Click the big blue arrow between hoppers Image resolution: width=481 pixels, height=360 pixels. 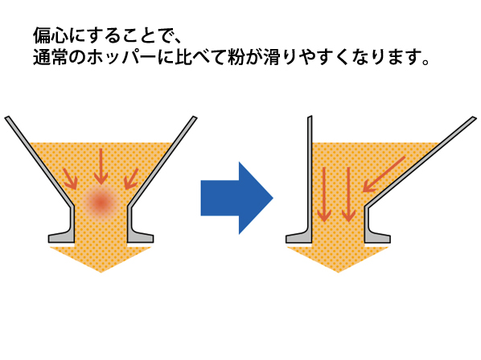click(x=236, y=198)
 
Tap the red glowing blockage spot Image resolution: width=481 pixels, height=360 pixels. click(x=101, y=202)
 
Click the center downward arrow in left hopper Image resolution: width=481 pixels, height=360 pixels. click(x=101, y=167)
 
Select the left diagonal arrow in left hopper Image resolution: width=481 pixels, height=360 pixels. click(x=71, y=179)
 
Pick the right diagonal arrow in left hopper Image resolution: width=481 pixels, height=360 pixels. click(x=131, y=179)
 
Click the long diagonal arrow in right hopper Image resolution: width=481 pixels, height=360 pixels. click(x=384, y=174)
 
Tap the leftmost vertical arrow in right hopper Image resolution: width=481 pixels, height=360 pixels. click(x=324, y=194)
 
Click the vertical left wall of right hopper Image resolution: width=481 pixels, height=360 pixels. click(x=310, y=172)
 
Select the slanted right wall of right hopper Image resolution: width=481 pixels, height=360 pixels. click(x=420, y=162)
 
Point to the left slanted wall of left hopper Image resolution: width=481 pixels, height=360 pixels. click(x=39, y=161)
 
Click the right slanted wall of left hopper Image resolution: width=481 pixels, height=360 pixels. click(x=162, y=161)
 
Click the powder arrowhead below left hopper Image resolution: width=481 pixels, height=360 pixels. click(x=101, y=257)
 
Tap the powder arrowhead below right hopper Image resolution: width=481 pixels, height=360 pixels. click(x=338, y=257)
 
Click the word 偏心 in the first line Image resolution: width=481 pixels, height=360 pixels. click(x=51, y=36)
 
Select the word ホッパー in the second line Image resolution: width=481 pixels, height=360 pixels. click(x=121, y=57)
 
